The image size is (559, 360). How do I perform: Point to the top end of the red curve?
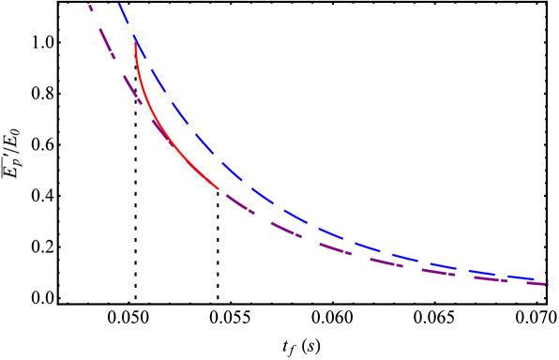coord(136,39)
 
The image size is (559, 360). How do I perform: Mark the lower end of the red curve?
coord(219,189)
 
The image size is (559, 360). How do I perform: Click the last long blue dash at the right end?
coord(521,277)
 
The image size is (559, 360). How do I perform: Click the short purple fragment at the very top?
coord(91,8)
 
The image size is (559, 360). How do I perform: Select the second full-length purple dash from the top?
coord(131,88)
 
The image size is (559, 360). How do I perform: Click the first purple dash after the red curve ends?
coord(238,203)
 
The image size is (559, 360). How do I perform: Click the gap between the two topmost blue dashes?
coord(129,26)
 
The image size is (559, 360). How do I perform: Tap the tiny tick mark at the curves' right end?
coord(547,281)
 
